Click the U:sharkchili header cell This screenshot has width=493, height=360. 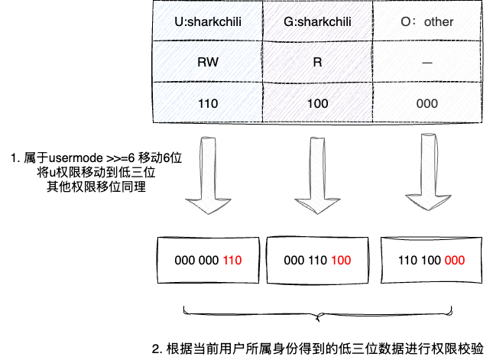tap(208, 21)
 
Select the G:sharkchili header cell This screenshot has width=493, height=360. tap(316, 21)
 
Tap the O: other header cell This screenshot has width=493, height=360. tap(427, 21)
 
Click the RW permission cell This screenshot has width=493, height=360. tap(208, 60)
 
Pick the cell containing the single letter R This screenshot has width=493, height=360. tap(316, 60)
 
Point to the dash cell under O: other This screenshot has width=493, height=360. tap(427, 60)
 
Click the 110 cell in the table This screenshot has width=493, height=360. tap(208, 101)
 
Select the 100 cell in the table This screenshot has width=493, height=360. tap(316, 101)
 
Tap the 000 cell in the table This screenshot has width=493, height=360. tap(427, 101)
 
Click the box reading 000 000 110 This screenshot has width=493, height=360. tap(209, 260)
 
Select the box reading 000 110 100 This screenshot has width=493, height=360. tap(318, 260)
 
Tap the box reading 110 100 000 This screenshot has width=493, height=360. tap(431, 260)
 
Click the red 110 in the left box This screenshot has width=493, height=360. tap(232, 261)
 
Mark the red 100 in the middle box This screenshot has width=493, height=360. tap(342, 261)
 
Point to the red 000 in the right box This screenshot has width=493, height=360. tap(454, 261)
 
